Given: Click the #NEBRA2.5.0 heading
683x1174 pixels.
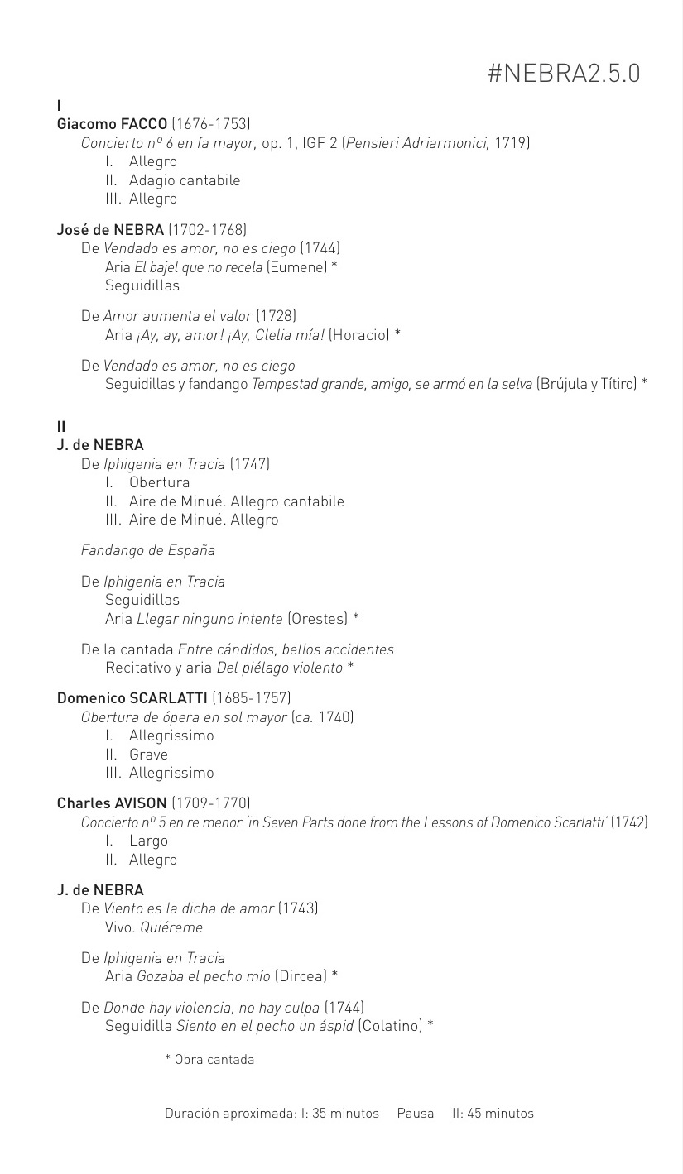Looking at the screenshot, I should pos(564,74).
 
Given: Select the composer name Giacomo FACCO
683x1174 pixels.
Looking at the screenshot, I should pos(112,124).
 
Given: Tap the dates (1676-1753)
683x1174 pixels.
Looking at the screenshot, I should pos(210,124).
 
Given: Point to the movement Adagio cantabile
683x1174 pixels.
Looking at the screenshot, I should pos(185,180).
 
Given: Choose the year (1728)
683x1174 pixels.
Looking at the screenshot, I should pos(276,315).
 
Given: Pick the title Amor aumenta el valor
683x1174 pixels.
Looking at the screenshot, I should pos(177,315).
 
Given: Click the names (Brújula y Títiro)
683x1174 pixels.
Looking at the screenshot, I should pos(587,384).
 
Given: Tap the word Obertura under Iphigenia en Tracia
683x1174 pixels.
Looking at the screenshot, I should pos(159,482).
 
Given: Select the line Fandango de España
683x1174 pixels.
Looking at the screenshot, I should pos(148,550).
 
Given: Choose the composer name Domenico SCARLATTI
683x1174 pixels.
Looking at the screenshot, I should pos(132,698).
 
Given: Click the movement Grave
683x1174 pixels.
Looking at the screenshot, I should pos(148,755).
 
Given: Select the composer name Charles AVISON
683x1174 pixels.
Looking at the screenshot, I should pos(112,803).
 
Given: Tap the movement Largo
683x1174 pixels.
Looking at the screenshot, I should pos(148,841).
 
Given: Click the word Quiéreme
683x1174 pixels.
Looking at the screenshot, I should pos(171,927).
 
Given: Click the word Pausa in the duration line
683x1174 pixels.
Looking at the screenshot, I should pos(416,1114).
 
